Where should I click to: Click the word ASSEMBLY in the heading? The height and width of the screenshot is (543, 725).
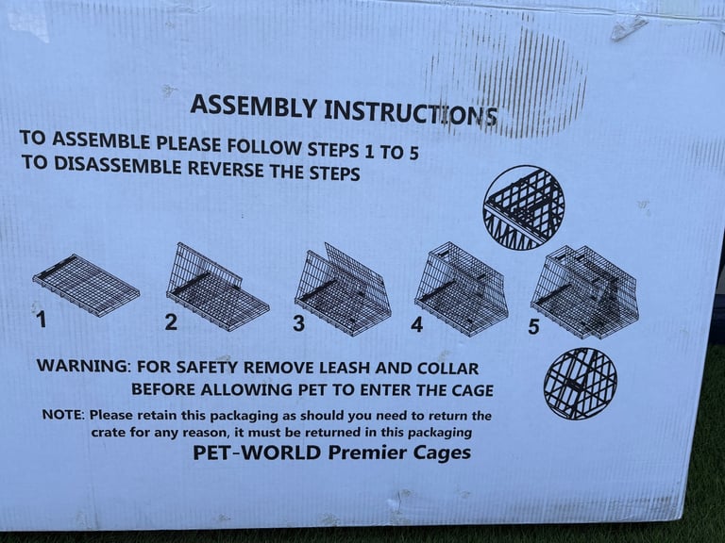(253, 107)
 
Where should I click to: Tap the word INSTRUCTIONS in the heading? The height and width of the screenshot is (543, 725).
(411, 113)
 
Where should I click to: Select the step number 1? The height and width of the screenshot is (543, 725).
(42, 319)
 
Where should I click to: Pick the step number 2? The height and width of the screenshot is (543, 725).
(171, 321)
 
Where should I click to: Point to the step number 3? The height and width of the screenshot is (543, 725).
(298, 322)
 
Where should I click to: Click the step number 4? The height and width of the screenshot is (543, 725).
(416, 324)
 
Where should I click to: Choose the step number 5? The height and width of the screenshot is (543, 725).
(533, 326)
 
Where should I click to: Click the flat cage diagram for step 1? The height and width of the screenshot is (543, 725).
(86, 285)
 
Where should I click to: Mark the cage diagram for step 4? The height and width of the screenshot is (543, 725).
(462, 288)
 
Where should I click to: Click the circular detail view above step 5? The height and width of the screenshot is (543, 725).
(523, 207)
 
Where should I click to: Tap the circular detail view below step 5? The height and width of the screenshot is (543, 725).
(581, 384)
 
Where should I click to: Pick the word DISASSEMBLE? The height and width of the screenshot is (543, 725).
(118, 165)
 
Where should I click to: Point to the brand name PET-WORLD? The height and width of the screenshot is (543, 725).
(257, 452)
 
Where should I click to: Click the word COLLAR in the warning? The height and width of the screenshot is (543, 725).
(447, 369)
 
